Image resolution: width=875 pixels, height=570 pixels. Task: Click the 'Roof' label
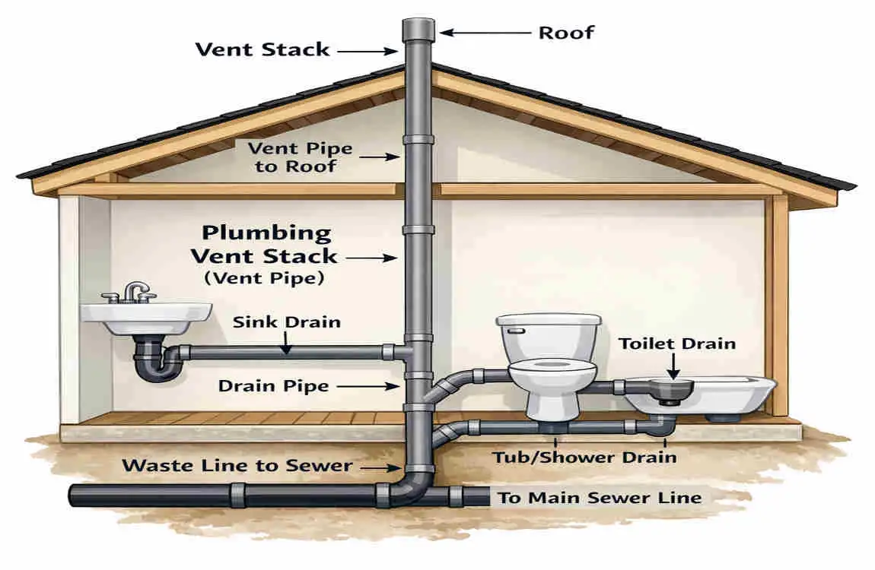[x=566, y=33]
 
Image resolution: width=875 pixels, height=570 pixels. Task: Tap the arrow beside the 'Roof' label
[x=485, y=33]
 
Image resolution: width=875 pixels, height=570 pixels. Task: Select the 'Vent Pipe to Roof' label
[x=300, y=157]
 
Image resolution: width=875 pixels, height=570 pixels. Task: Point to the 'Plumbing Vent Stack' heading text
[x=265, y=244]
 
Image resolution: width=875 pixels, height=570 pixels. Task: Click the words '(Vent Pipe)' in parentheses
[x=265, y=277]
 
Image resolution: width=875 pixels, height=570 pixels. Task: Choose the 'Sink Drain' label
[x=286, y=322]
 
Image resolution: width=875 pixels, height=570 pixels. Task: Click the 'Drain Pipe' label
[x=273, y=386]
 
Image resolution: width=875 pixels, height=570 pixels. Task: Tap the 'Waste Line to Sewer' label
[x=237, y=465]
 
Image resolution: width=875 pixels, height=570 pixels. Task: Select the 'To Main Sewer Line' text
[x=600, y=497]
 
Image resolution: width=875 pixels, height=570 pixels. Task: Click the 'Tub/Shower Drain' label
[x=584, y=458]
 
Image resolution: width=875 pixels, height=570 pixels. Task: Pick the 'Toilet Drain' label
[x=677, y=344]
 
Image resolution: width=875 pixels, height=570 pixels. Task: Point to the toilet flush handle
[x=516, y=331]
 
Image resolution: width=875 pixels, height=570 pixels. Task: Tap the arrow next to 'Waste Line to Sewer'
[x=380, y=469]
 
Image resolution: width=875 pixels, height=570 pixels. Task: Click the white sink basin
[x=145, y=318]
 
